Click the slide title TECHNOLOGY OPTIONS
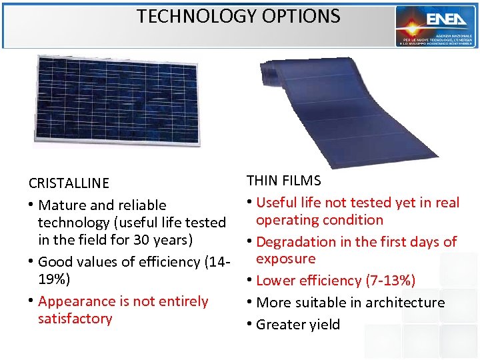238,16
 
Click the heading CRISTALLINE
69,183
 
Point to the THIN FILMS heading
284,180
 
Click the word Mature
63,205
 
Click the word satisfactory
75,319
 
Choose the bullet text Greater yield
298,325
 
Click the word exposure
285,259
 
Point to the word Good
55,262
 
